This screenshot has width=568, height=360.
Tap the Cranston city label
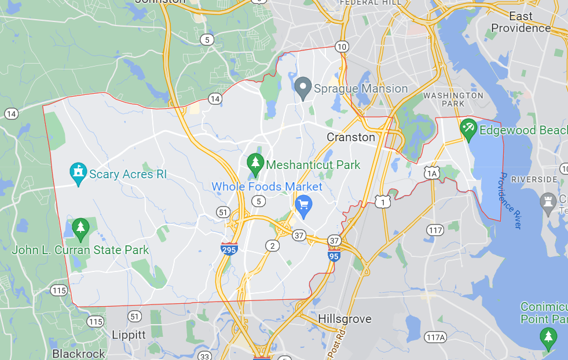[x=351, y=137]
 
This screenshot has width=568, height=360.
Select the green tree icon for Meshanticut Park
[x=255, y=165]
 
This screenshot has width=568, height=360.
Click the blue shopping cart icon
[x=303, y=204]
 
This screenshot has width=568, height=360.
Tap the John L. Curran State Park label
[x=80, y=250]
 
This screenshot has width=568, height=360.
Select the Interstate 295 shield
[x=229, y=249]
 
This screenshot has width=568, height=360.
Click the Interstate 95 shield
[x=334, y=254]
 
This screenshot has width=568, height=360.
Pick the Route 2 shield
[x=272, y=245]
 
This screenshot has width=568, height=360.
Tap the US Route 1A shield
[x=432, y=172]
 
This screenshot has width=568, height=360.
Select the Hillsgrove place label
[x=345, y=319]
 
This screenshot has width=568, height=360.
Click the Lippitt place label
[x=129, y=335]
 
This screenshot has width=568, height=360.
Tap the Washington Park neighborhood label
[x=453, y=100]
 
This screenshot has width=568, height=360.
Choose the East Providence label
[x=521, y=22]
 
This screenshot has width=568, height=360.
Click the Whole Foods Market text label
[x=266, y=186]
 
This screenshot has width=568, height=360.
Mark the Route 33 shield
[x=204, y=355]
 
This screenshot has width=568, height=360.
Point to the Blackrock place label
[x=79, y=353]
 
